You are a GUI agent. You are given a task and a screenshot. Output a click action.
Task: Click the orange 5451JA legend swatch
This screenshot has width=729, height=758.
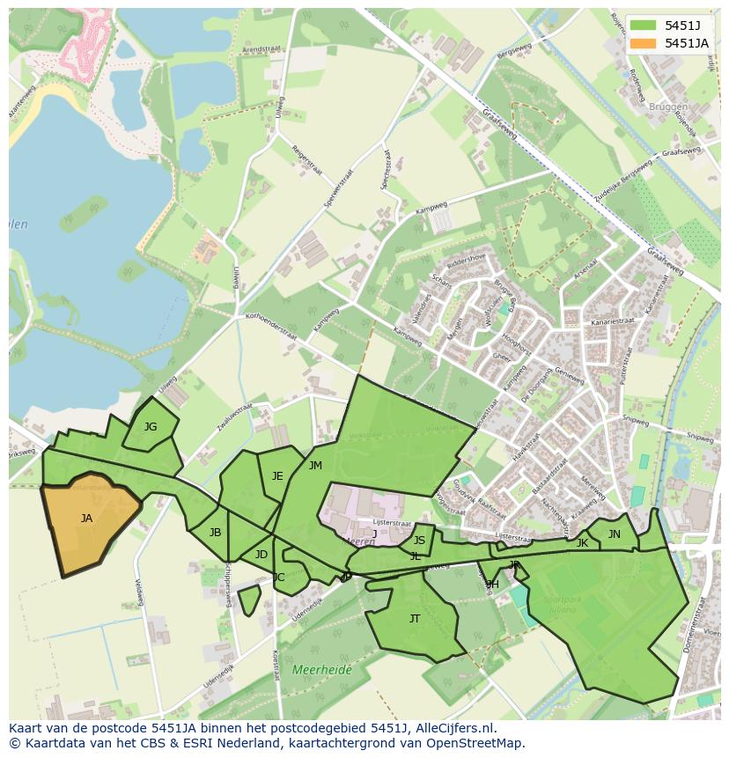pos(644,43)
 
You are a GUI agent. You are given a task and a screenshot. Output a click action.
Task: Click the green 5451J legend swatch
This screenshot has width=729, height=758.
pos(644,25)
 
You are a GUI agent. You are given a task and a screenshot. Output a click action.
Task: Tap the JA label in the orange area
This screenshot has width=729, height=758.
pos(86,519)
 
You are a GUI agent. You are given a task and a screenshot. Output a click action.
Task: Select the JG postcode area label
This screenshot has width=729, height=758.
pos(151,427)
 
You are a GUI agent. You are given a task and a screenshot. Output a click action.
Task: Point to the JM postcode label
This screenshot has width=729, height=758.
pos(315,466)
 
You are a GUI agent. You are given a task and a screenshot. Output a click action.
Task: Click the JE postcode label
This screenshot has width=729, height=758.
pos(277,476)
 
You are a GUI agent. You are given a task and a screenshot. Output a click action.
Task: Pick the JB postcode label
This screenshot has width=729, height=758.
pos(215,533)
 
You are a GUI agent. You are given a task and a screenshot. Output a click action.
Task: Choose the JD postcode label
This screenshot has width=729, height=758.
pos(261,555)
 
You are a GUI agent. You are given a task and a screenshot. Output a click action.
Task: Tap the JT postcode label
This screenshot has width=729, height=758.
pos(415,619)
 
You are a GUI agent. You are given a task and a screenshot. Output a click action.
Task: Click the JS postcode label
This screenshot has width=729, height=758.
pos(419,541)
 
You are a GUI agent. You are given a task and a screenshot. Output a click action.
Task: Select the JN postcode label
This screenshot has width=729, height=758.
pos(614,534)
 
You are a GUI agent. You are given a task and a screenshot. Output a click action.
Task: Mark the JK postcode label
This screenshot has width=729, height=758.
pos(582,543)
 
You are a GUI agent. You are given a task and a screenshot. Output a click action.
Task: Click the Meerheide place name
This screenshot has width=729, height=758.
pos(321,670)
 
